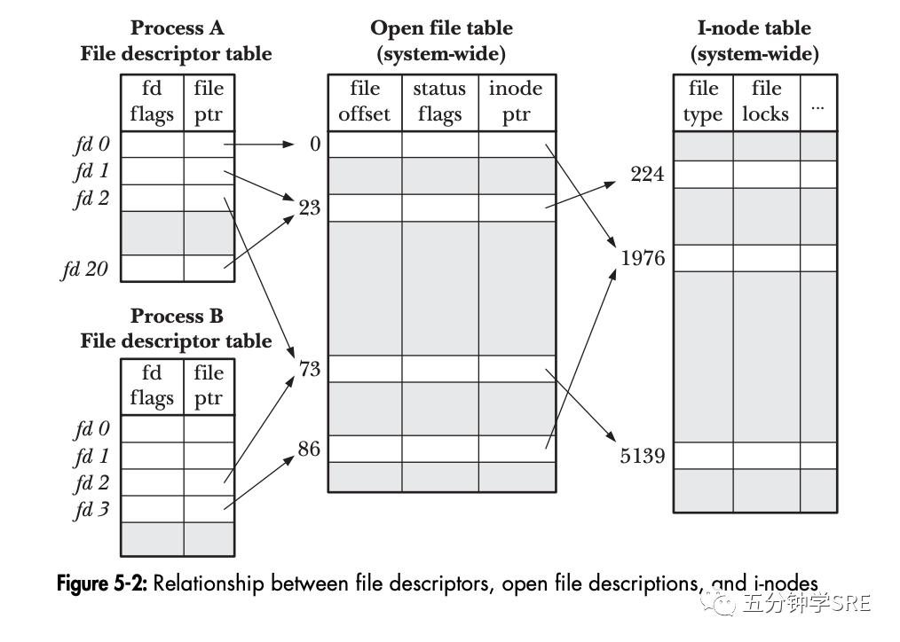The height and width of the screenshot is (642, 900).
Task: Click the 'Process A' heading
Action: (x=177, y=28)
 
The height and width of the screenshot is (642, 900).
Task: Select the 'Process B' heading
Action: (x=177, y=316)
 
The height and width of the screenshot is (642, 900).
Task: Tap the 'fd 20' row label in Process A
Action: (x=84, y=269)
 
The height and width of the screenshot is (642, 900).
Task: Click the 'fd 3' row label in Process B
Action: (x=91, y=510)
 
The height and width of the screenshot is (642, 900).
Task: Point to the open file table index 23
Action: (x=309, y=209)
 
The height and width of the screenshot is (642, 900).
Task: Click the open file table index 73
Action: (x=309, y=368)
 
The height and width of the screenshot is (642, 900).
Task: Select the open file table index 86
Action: (x=309, y=449)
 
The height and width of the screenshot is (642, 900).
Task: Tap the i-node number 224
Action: (x=647, y=174)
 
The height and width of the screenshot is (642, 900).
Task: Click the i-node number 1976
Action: (x=643, y=258)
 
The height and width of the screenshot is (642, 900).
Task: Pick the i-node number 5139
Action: (x=643, y=457)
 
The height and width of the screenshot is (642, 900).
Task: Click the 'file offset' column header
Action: (x=365, y=101)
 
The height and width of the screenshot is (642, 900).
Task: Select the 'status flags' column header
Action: (x=439, y=101)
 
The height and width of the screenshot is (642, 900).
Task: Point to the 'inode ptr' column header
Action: (x=516, y=101)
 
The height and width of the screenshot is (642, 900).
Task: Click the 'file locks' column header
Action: (x=765, y=101)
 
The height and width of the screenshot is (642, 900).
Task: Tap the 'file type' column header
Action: (x=703, y=101)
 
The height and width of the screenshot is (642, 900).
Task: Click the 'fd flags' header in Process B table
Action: (x=152, y=386)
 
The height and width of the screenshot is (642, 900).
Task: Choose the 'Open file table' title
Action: (x=441, y=28)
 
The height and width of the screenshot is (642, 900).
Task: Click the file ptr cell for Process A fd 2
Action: (x=209, y=198)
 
